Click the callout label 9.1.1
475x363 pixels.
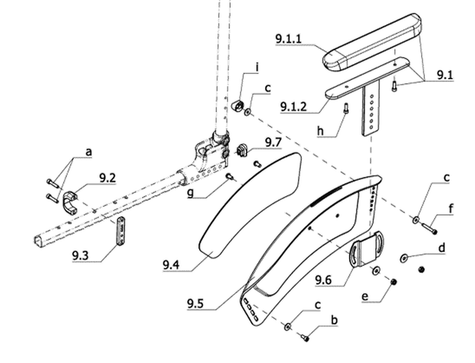[x=288, y=39]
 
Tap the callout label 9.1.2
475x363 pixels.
[x=293, y=106]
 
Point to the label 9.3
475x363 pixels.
[x=80, y=256]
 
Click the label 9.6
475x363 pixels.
[x=323, y=280]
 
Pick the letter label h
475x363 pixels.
[x=320, y=131]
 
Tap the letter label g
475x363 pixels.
[x=190, y=193]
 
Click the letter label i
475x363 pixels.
[x=257, y=67]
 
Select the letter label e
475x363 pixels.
[x=365, y=296]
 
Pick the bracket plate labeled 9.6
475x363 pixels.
[x=367, y=248]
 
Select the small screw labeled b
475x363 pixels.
[x=305, y=337]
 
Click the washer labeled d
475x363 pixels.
[x=404, y=258]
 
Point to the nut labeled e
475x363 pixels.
[x=394, y=282]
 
